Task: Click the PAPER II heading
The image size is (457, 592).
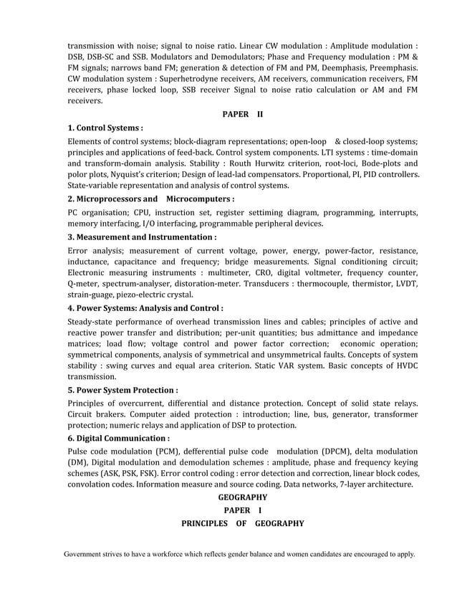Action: coord(243,114)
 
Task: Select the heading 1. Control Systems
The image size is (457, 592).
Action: coord(105,128)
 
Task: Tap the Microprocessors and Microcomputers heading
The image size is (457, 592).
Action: coord(151,199)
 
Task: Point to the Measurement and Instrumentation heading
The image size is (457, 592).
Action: coord(142,237)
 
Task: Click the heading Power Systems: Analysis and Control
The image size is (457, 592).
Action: coord(145,308)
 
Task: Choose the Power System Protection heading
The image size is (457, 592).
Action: coord(122,391)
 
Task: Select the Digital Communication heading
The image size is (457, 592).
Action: coord(118,437)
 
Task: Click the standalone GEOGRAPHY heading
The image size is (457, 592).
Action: coord(243,497)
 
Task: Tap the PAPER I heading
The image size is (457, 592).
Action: coord(243,510)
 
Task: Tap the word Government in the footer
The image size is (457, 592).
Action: coord(86,554)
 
